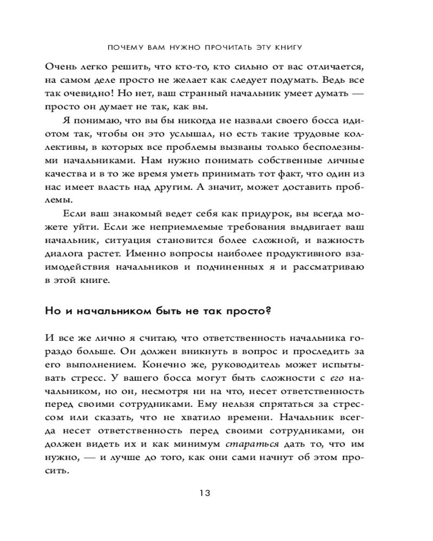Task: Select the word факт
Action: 283,174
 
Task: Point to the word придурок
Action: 230,213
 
